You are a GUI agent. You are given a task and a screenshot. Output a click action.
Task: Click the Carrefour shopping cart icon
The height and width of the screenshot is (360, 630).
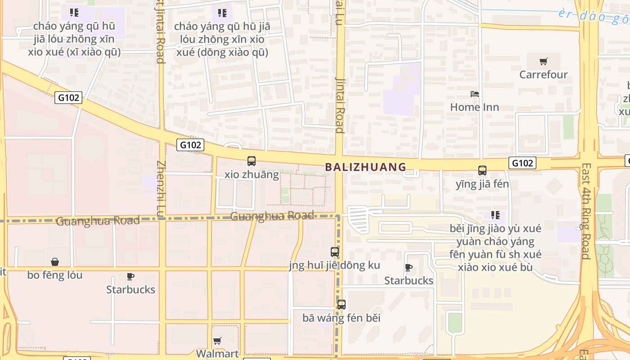point(544,61)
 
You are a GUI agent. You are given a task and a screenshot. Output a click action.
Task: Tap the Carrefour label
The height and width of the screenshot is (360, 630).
point(544,74)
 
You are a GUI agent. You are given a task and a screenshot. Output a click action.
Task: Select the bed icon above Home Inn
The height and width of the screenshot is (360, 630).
point(474,94)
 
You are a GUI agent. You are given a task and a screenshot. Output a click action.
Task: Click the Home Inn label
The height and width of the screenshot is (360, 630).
point(474,107)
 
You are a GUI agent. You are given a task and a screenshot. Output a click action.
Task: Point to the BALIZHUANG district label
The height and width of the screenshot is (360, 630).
point(365,167)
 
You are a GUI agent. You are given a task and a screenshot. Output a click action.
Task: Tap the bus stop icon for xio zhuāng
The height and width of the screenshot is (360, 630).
point(252,161)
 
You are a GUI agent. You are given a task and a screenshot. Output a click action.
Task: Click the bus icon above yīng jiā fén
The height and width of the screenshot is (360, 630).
point(482,171)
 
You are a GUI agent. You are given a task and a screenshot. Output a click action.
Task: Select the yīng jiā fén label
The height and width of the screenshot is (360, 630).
point(482,184)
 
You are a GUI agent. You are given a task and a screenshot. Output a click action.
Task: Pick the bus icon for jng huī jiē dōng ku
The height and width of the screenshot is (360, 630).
point(335,252)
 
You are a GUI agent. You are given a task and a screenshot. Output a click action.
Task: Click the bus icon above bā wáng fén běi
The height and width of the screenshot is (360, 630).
point(342,305)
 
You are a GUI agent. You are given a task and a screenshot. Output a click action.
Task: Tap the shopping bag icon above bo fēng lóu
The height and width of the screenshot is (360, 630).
point(55,261)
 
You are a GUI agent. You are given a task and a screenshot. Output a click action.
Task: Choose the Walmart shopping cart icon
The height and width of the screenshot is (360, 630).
point(217,341)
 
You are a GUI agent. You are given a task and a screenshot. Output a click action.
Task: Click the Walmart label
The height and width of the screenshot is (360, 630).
point(217,353)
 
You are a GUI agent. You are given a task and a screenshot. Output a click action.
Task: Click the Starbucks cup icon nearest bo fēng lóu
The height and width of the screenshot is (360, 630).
point(130,276)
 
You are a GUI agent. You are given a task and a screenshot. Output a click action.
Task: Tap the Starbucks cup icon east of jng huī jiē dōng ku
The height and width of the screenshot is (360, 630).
point(409,268)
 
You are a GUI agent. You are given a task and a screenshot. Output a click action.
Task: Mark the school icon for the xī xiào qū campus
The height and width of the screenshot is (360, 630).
point(74,13)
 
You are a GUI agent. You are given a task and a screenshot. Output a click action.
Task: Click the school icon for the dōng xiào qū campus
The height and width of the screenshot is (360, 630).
point(222,13)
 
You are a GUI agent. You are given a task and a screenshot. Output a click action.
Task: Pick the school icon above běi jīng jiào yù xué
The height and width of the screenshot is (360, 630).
point(495,215)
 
